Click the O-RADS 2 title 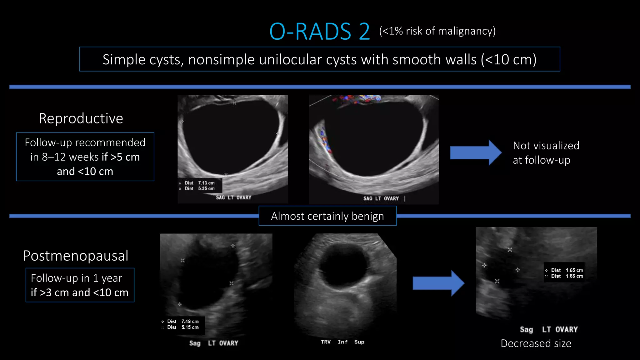coord(319,32)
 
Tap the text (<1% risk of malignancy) coord(437,31)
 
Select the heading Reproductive coord(81,118)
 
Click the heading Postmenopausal coord(76,256)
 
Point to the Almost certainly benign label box coord(327,216)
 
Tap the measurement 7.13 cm coord(206,183)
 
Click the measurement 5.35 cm coord(206,188)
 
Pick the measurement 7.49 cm coord(190,321)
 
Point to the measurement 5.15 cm coord(190,327)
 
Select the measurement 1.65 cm coord(574,270)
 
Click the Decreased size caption coord(536,343)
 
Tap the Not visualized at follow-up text coord(546,153)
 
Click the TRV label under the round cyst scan coord(326,342)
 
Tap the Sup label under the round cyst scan coord(359,342)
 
